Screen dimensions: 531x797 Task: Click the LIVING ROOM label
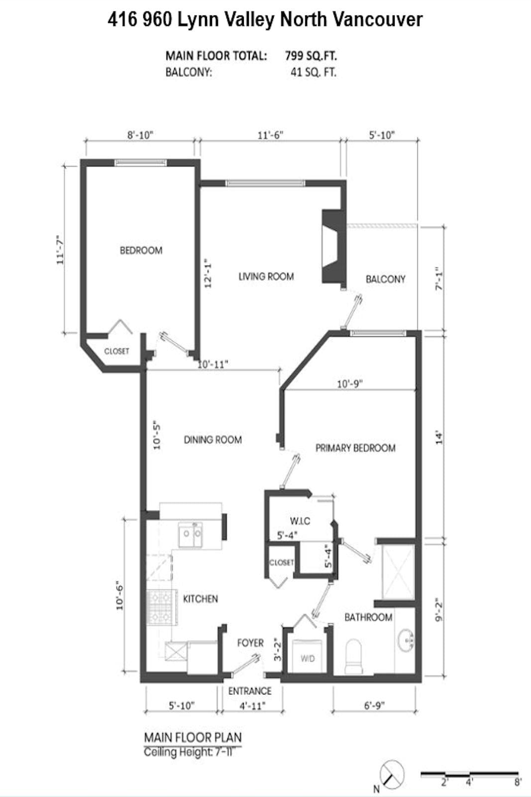[266, 276]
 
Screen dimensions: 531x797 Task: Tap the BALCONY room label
[386, 279]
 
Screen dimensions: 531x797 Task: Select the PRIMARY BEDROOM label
[355, 448]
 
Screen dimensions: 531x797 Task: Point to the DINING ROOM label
[212, 440]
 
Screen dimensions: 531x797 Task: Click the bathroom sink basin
[405, 641]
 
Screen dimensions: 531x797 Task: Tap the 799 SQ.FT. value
[311, 56]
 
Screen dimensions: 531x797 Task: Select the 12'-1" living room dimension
[208, 273]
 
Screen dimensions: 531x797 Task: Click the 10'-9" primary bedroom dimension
[350, 384]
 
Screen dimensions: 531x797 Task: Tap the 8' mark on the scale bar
[518, 783]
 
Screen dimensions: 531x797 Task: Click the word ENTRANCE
[250, 691]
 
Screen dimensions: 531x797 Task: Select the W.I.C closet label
[300, 521]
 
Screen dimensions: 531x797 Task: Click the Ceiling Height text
[188, 752]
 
